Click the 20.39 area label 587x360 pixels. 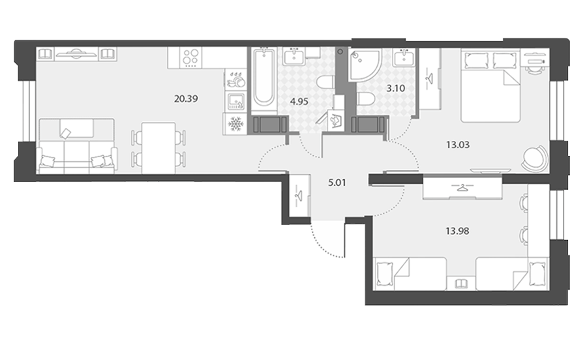coord(186,98)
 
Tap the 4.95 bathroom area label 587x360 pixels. coord(299,102)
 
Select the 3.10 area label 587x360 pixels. coord(396,88)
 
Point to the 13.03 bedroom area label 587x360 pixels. coord(458,144)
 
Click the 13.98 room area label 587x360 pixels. coord(457,231)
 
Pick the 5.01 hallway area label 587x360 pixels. coord(337,183)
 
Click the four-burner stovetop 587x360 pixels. coord(190,57)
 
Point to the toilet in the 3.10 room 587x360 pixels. coord(366,99)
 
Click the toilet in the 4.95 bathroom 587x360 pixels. coord(325,82)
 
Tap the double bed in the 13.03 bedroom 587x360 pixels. coord(490,85)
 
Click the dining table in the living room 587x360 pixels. coord(158,148)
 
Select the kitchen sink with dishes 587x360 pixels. coord(236,80)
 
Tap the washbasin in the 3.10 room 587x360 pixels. coord(404,58)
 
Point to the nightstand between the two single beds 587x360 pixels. coord(461,284)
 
